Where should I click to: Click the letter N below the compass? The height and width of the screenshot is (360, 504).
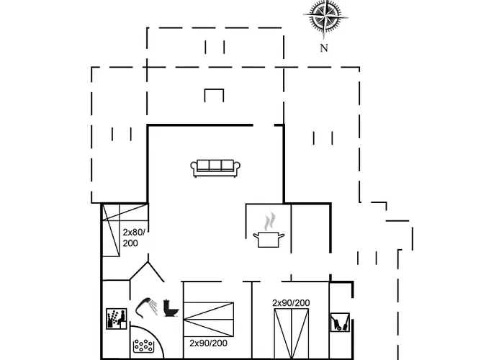324,48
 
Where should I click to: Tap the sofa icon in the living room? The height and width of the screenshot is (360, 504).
215,168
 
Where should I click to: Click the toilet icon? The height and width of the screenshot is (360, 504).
171,308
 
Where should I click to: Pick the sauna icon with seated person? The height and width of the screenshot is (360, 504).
117,318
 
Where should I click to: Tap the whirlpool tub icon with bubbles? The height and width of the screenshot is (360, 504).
143,346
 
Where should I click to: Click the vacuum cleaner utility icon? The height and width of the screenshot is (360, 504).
340,322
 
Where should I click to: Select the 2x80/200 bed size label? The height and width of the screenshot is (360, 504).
134,238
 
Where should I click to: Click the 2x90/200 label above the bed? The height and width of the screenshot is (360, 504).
291,303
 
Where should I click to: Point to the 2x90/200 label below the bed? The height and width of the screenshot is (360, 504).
208,343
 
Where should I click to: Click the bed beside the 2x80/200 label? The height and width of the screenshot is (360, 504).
111,230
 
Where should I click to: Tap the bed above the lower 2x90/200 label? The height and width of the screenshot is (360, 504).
208,319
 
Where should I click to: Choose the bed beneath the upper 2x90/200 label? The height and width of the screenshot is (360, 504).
291,333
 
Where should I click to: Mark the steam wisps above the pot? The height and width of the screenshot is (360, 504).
269,222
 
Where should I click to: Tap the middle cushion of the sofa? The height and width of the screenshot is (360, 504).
215,165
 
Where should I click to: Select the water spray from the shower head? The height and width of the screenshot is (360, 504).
154,307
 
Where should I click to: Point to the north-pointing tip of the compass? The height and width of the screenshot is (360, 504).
325,39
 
